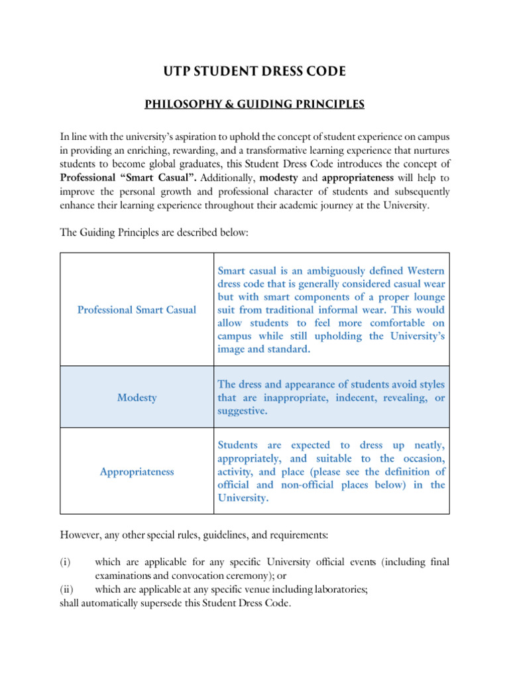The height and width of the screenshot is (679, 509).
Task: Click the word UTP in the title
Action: (178, 71)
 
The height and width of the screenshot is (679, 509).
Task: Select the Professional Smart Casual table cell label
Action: (137, 310)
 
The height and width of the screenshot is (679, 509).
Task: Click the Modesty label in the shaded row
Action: (137, 398)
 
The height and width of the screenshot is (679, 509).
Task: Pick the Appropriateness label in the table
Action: (137, 471)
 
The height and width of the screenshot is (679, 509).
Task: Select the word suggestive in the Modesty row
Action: (243, 410)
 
